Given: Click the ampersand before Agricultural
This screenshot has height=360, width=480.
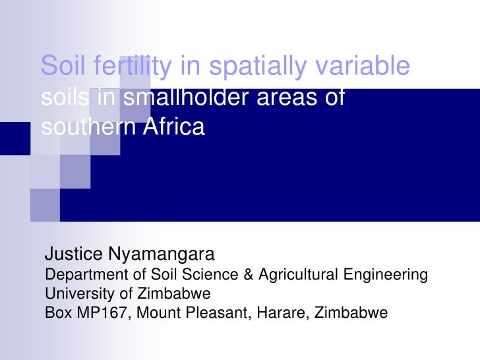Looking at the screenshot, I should [x=249, y=274].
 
